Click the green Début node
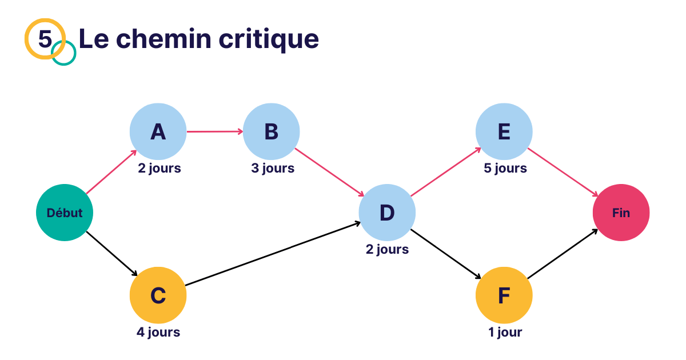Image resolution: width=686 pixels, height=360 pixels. (x=65, y=213)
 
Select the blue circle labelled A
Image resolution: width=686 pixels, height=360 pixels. (x=158, y=131)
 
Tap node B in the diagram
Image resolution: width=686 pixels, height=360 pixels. (x=272, y=131)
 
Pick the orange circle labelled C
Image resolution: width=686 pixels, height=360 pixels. (x=158, y=295)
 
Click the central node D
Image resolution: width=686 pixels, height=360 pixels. (x=387, y=213)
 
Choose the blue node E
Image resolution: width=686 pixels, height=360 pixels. (x=504, y=131)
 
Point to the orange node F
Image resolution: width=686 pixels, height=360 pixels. (x=504, y=295)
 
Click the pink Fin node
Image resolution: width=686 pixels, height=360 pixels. (x=621, y=213)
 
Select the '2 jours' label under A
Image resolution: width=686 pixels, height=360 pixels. (x=159, y=169)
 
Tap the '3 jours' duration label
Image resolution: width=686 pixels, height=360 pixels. (x=273, y=169)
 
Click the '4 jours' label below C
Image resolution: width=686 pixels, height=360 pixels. (x=158, y=332)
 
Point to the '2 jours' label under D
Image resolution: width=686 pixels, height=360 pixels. (x=388, y=250)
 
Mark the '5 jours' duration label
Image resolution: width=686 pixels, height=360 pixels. (x=505, y=169)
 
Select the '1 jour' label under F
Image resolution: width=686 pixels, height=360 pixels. (x=505, y=332)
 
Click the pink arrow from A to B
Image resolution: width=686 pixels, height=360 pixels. (x=214, y=132)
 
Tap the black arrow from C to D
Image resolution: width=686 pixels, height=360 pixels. (x=273, y=254)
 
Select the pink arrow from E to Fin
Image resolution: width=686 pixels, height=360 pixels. (x=563, y=172)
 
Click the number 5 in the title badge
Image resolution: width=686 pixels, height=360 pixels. (x=45, y=39)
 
